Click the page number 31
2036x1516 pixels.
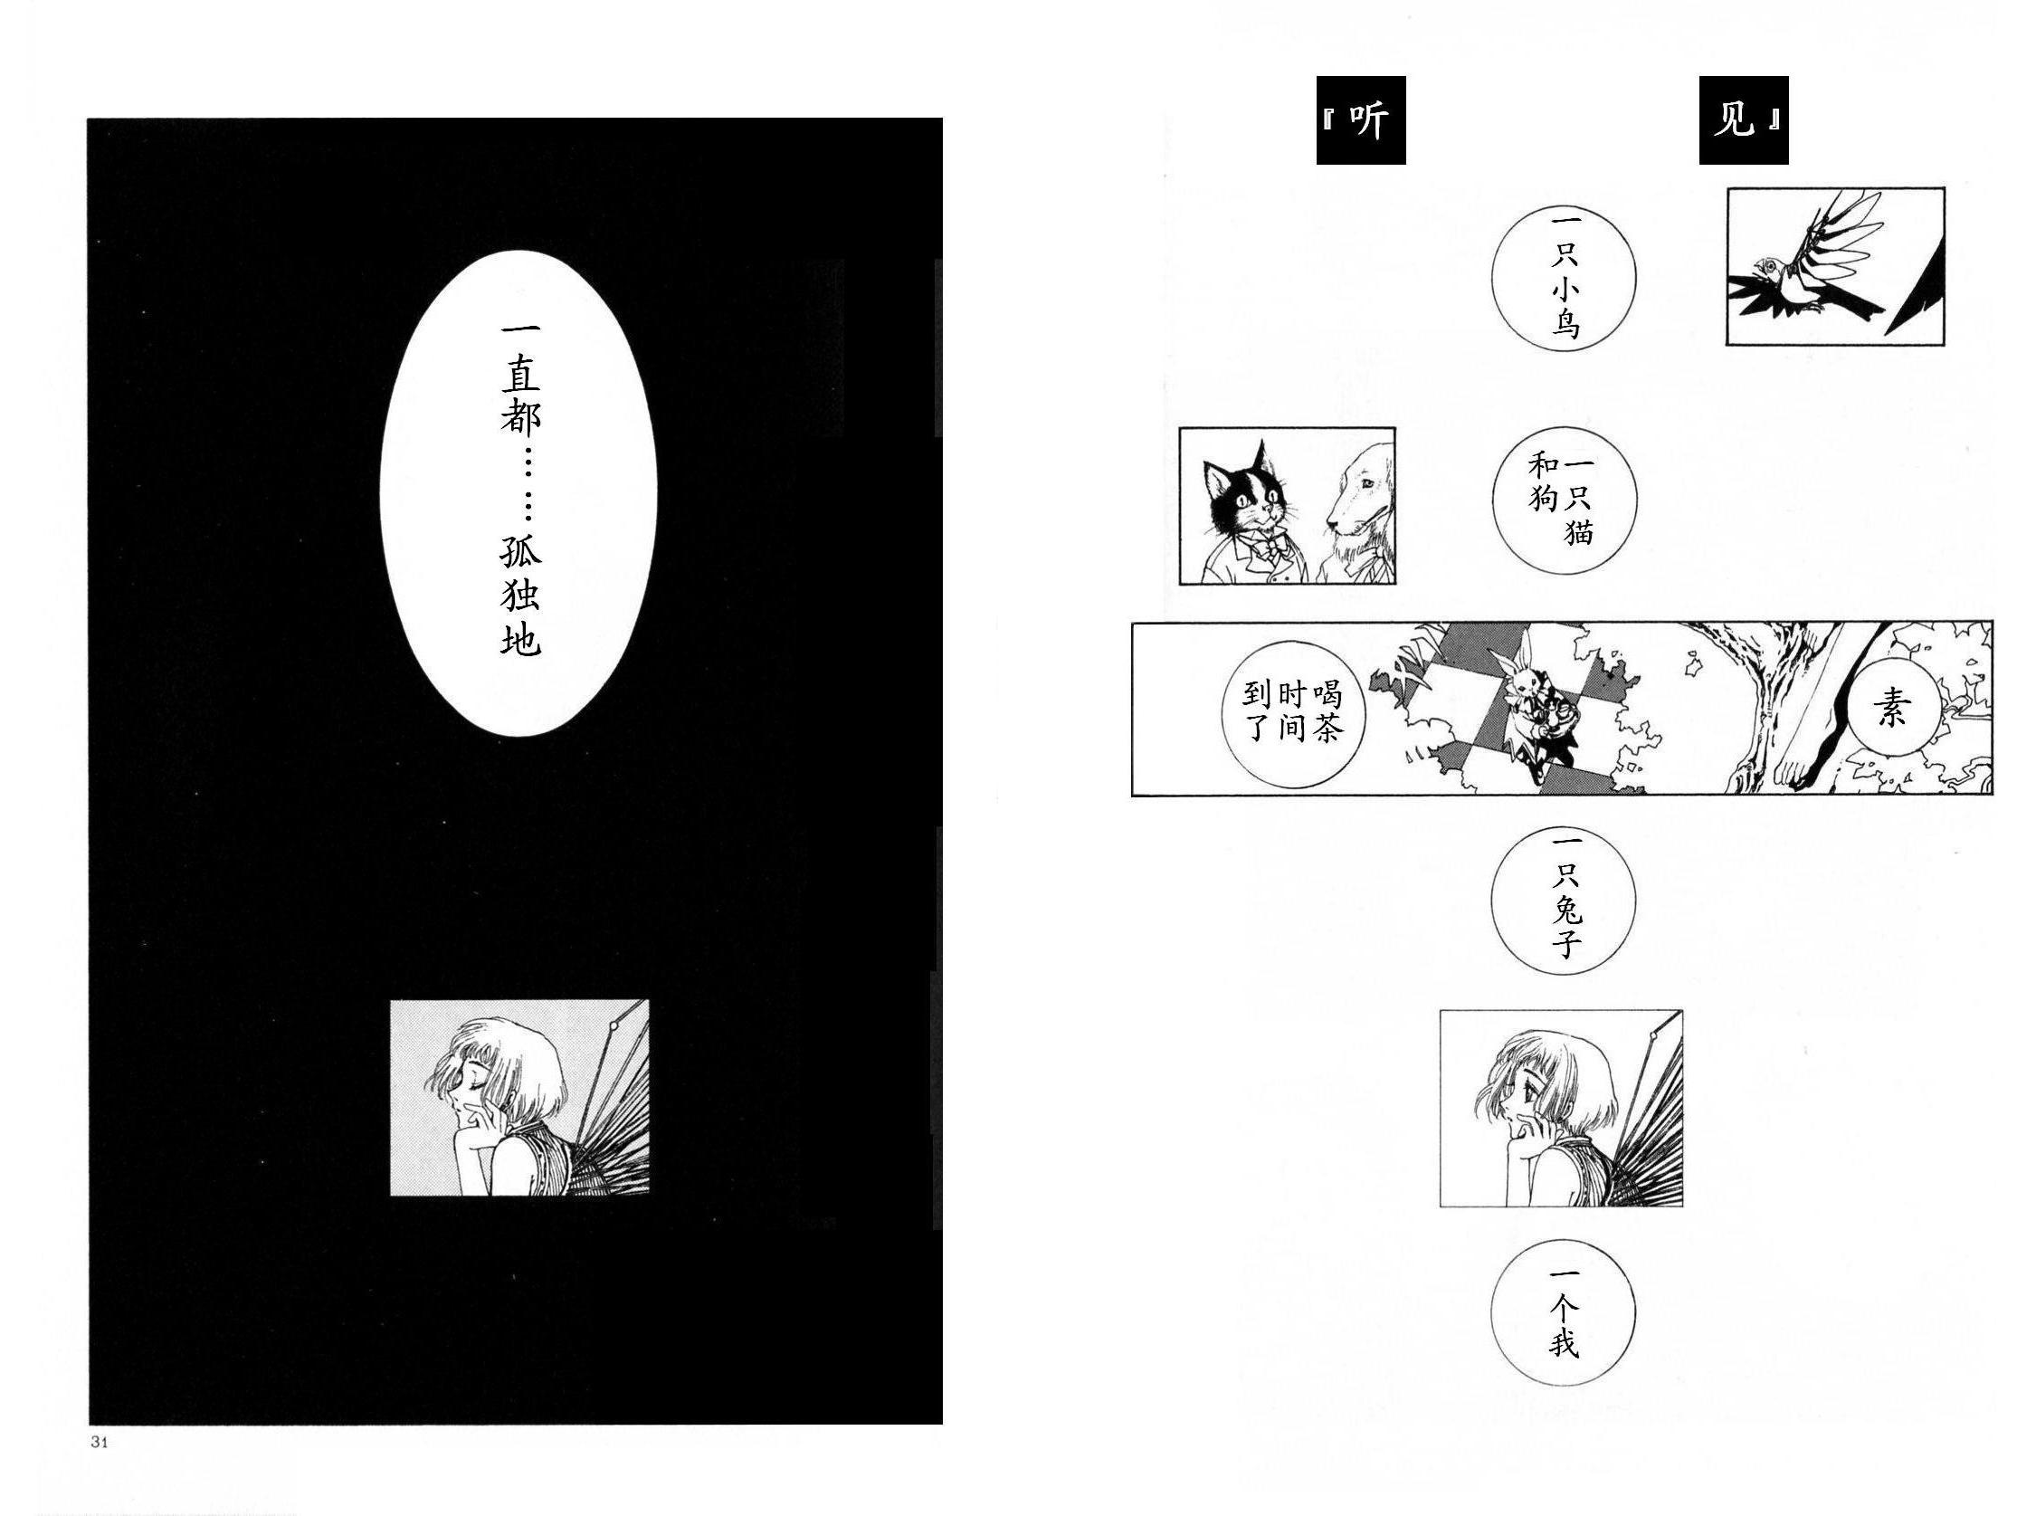(100, 1441)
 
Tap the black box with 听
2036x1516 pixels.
(1361, 120)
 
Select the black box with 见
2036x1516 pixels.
(1744, 120)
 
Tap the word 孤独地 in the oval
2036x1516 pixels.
(520, 596)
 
